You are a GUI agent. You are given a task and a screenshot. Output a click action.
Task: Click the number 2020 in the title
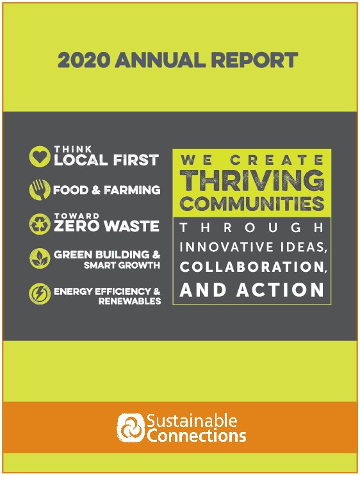tap(84, 60)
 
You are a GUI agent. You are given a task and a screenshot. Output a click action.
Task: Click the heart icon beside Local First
tap(40, 156)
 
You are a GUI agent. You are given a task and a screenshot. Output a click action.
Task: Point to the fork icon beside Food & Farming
tap(40, 190)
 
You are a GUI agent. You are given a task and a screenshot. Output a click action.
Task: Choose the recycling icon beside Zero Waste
tap(40, 224)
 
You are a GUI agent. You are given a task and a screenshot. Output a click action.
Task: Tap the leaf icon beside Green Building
tap(40, 258)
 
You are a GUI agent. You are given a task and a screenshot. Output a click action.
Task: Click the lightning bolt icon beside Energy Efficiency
tap(40, 294)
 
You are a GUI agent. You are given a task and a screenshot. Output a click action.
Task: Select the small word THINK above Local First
tap(73, 149)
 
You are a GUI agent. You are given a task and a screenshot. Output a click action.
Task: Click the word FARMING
tap(132, 190)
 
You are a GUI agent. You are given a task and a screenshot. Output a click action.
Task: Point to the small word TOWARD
tap(77, 215)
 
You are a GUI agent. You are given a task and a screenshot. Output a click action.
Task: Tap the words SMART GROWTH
tap(122, 265)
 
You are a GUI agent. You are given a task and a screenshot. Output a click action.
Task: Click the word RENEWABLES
tap(130, 301)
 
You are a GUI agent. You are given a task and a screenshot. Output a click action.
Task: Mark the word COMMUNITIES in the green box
tap(252, 203)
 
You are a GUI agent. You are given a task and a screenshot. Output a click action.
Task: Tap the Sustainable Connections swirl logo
tap(131, 428)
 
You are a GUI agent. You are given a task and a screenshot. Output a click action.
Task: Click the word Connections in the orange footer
tap(197, 435)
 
